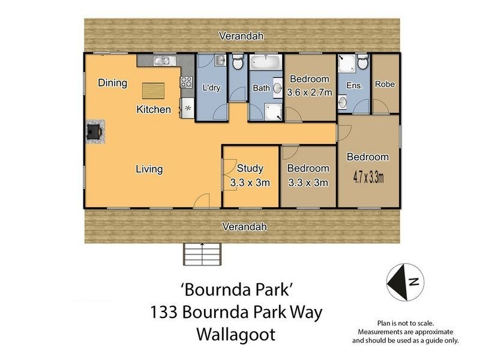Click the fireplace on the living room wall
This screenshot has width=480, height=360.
[x=94, y=131]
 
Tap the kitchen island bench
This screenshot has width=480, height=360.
[x=152, y=91]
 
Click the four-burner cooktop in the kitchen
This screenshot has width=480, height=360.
[x=186, y=83]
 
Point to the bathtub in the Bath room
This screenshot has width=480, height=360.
[x=265, y=63]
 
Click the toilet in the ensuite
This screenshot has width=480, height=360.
[x=362, y=62]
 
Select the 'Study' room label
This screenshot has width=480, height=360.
[x=250, y=169]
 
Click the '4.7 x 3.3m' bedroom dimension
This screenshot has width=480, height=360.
[x=368, y=177]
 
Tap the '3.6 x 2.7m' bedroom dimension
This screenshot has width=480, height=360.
[x=310, y=92]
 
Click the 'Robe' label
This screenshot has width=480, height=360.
[x=385, y=85]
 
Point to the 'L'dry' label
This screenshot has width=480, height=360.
[x=211, y=88]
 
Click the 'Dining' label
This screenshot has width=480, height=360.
[x=112, y=83]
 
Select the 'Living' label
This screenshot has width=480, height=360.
[x=148, y=169]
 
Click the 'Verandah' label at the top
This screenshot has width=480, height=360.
[x=241, y=36]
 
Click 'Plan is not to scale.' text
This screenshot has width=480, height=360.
[x=405, y=323]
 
